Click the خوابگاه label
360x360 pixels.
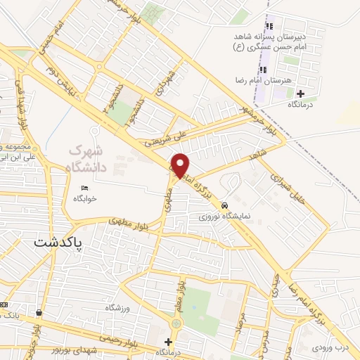(x=84, y=199)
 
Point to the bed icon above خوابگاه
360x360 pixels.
(x=84, y=188)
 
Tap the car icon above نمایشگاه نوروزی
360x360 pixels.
(x=224, y=205)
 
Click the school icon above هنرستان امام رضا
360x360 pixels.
(x=263, y=69)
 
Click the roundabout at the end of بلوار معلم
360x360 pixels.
(x=176, y=323)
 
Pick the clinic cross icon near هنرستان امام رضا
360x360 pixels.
(x=301, y=94)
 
